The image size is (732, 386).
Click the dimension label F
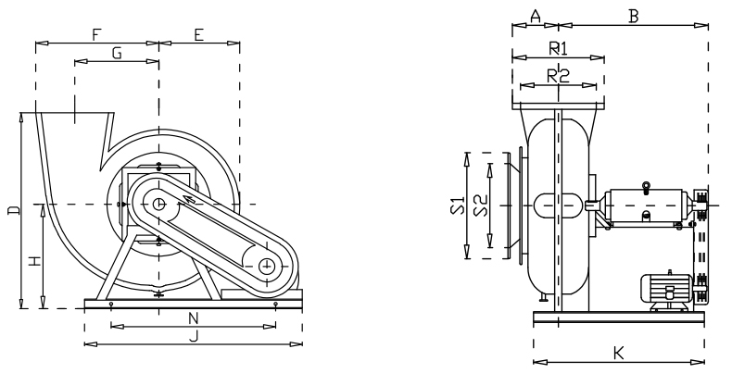pyautogui.click(x=96, y=34)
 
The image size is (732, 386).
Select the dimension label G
pyautogui.click(x=117, y=54)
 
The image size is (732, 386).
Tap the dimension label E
pyautogui.click(x=198, y=34)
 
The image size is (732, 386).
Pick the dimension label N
pyautogui.click(x=194, y=318)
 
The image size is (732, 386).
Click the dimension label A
pyautogui.click(x=536, y=15)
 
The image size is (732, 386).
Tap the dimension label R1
pyautogui.click(x=558, y=46)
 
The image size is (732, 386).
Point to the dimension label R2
pyautogui.click(x=558, y=77)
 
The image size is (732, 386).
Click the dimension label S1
pyautogui.click(x=455, y=205)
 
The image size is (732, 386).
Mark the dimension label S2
pyautogui.click(x=479, y=205)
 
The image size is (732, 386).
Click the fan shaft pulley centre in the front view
pyautogui.click(x=159, y=204)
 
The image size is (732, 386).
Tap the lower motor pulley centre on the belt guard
pyautogui.click(x=267, y=267)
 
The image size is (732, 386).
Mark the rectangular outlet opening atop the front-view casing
pyautogui.click(x=74, y=117)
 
